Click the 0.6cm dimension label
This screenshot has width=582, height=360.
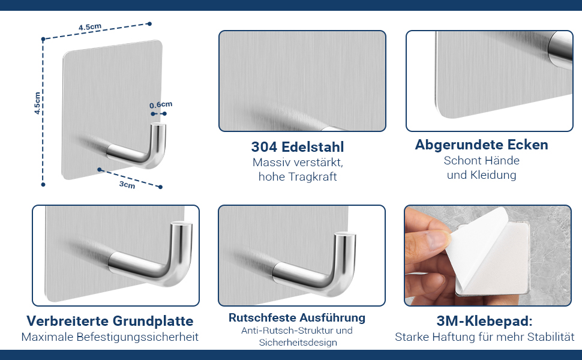coord(161,104)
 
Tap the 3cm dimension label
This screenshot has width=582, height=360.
coord(127,184)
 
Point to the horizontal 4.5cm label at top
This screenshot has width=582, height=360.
coord(90,27)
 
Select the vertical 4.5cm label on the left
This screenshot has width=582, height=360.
coord(37,103)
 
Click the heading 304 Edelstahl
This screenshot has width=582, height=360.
coord(298,147)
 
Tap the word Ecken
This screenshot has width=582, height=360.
coord(526,145)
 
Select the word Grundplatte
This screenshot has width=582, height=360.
coord(153,321)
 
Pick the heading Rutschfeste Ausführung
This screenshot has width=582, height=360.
coord(297,317)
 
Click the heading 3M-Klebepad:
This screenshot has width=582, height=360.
coord(484,321)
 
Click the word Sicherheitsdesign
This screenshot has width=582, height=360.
coord(298,343)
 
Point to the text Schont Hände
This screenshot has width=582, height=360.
coord(481,161)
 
